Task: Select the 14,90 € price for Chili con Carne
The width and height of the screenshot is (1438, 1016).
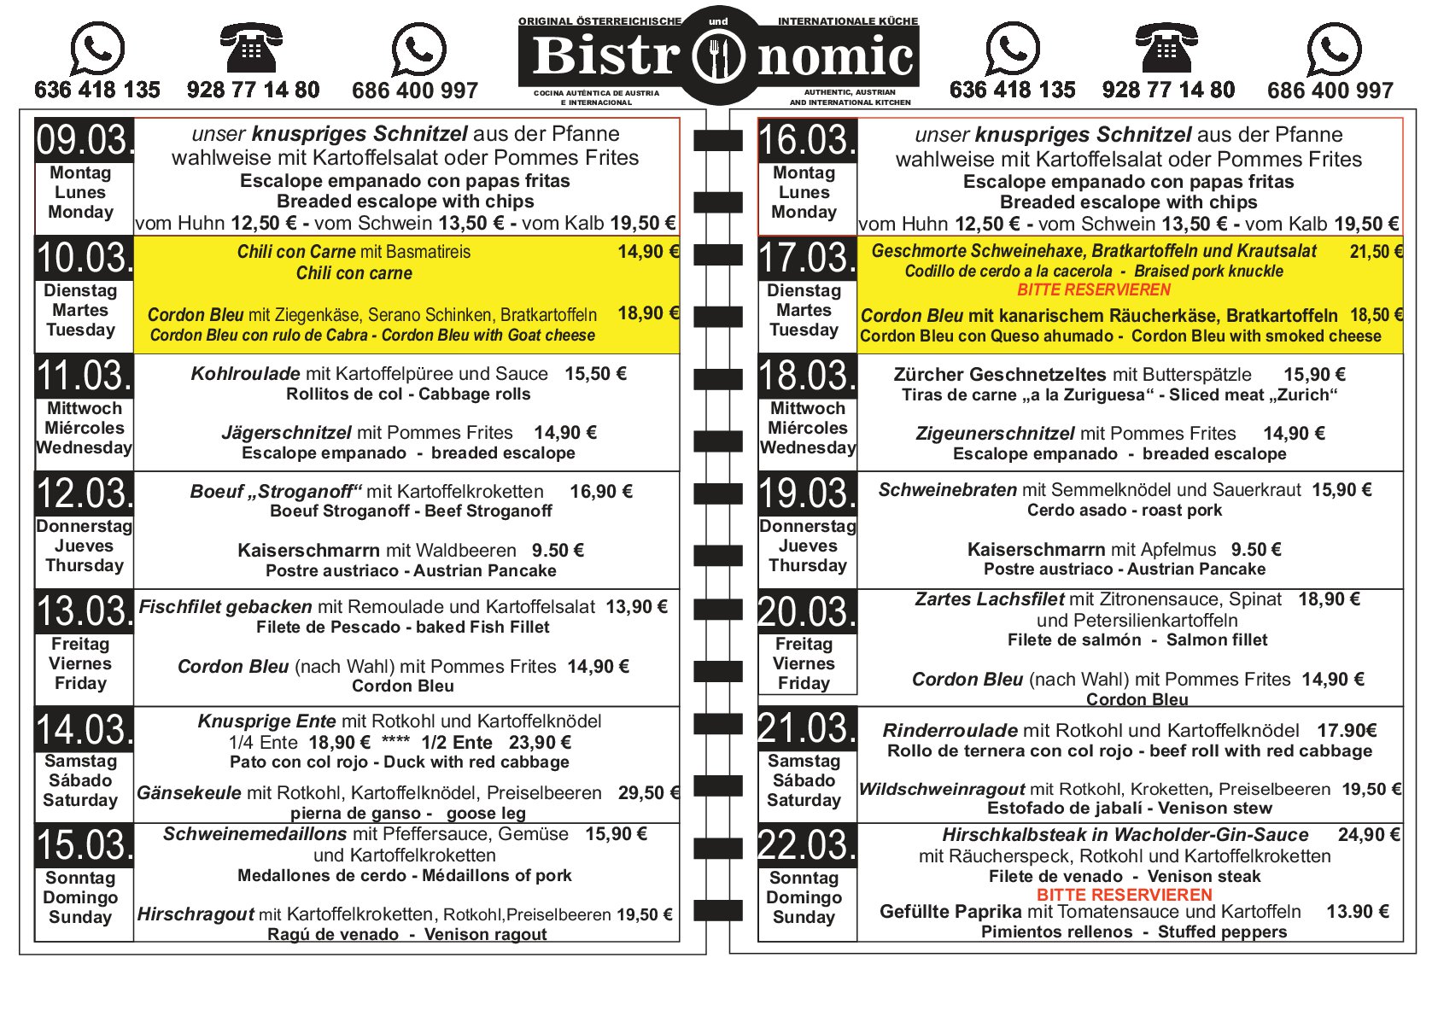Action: tap(648, 252)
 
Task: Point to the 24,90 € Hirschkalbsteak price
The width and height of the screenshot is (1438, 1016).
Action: tap(1368, 835)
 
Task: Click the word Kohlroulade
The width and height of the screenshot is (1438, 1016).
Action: tap(245, 374)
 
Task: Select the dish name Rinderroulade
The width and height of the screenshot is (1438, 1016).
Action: tap(950, 731)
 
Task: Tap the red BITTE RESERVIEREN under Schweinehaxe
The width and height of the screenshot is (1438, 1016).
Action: tap(1094, 289)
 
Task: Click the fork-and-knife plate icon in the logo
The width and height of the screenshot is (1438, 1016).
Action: tap(718, 56)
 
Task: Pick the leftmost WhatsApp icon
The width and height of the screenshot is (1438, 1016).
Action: tap(96, 49)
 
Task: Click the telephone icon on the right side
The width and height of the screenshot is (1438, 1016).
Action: tap(1166, 49)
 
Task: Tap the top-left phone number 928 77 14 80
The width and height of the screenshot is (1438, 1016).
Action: tap(253, 90)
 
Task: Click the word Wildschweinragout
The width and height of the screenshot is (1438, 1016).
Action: tap(942, 790)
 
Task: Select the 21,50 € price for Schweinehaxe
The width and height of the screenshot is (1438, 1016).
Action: tap(1376, 252)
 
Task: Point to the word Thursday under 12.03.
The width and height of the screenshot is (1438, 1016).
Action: tap(84, 565)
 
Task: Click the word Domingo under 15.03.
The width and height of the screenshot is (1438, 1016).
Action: tap(80, 897)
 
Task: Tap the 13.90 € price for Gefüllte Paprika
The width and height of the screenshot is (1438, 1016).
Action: tap(1357, 912)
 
